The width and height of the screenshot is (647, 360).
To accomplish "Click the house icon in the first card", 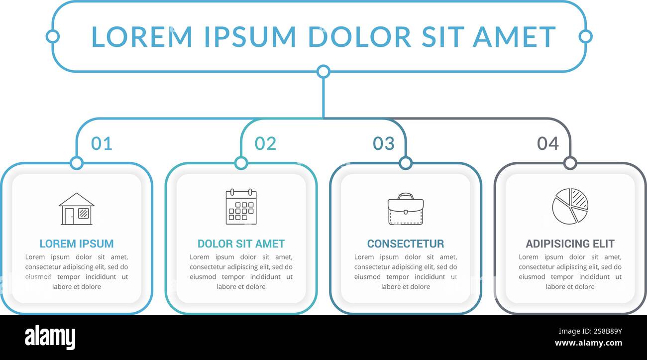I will click(x=77, y=209).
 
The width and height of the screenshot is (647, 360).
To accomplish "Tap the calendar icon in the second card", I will click(x=241, y=206).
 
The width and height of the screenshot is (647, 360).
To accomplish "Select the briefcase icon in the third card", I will click(x=406, y=209).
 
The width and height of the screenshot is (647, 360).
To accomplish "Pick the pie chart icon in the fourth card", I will click(x=570, y=206).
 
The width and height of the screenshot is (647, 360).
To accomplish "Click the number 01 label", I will click(x=102, y=143).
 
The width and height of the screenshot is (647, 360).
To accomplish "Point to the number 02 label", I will click(x=265, y=143).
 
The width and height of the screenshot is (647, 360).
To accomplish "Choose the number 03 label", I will click(x=384, y=143).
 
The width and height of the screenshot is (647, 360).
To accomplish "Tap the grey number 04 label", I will click(x=547, y=143).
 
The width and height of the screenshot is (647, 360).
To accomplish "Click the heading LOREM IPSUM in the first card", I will click(x=77, y=244).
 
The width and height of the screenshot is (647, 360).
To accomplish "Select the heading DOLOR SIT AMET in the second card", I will click(x=241, y=244).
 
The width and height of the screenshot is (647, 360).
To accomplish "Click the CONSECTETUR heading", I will click(x=406, y=244).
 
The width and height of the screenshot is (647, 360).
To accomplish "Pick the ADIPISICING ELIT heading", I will click(x=570, y=244).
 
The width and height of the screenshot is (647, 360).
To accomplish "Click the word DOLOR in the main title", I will click(x=360, y=37).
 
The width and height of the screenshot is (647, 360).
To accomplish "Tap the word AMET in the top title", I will click(x=514, y=37).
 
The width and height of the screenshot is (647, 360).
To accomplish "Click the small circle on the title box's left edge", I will click(x=52, y=36).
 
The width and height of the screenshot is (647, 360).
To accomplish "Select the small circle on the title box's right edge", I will click(x=586, y=36).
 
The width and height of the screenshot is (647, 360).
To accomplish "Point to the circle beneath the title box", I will click(x=323, y=72).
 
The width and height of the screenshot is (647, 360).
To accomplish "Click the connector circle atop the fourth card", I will click(x=570, y=163).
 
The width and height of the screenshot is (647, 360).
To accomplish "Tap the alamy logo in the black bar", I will click(x=50, y=338).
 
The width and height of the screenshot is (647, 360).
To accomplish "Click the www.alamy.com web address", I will click(x=588, y=343).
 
